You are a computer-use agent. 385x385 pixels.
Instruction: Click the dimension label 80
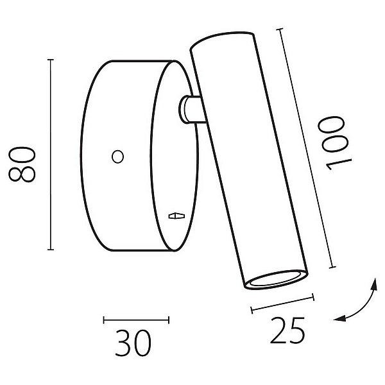[x=22, y=164]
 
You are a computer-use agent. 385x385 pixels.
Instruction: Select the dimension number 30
[x=133, y=343]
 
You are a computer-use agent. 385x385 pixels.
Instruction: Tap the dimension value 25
[x=287, y=330]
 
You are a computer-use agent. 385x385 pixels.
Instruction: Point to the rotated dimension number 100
[x=335, y=143]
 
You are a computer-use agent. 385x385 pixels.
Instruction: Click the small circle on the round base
[x=117, y=157]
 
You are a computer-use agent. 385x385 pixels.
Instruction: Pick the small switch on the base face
[x=176, y=216]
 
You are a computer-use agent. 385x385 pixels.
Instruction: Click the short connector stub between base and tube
[x=191, y=109]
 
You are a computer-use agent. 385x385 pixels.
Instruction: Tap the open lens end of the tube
[x=277, y=280]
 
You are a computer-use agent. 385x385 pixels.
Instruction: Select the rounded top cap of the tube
[x=222, y=40]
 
